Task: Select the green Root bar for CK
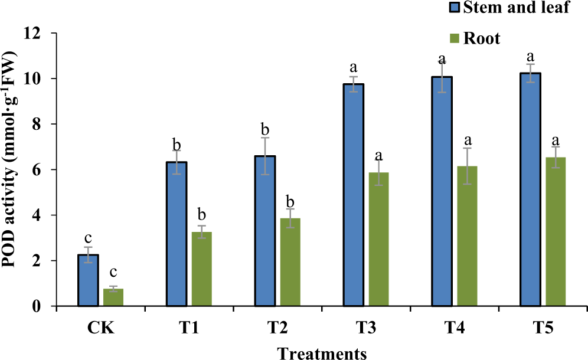[113, 297]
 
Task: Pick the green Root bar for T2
[290, 262]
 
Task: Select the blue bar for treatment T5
[530, 189]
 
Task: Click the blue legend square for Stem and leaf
[454, 9]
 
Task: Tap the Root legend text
[482, 39]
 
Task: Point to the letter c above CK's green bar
[113, 273]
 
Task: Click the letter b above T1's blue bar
[177, 145]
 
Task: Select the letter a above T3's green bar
[378, 155]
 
